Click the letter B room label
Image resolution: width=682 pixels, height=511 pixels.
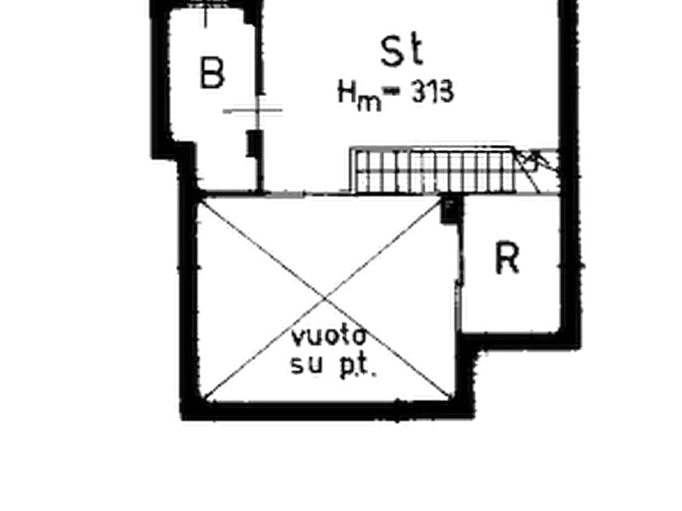[x=212, y=73]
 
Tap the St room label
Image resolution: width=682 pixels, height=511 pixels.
[x=401, y=50]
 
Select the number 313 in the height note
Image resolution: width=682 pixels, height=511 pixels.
[x=433, y=92]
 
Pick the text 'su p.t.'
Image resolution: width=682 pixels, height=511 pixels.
[x=333, y=366]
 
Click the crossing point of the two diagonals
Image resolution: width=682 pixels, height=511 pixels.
[x=325, y=298]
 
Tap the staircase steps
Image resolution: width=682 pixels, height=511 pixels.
[x=435, y=170]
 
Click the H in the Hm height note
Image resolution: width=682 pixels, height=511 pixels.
[x=347, y=92]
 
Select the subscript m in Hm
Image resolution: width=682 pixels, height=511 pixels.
[x=369, y=104]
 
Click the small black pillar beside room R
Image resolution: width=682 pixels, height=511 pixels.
[x=450, y=210]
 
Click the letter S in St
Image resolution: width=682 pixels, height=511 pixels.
[x=393, y=51]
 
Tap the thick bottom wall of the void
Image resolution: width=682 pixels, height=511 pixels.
[x=326, y=410]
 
